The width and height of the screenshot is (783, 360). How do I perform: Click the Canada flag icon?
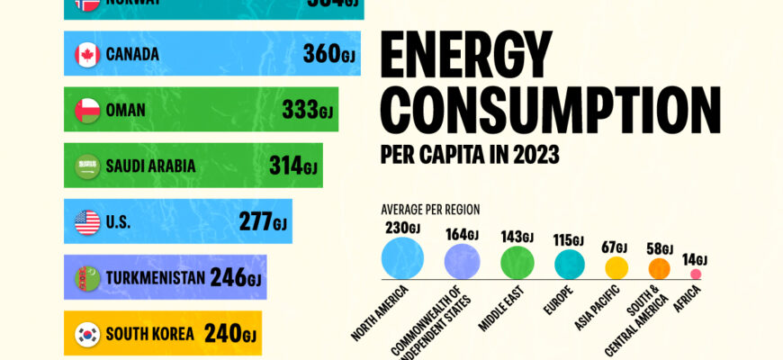pyautogui.click(x=87, y=55)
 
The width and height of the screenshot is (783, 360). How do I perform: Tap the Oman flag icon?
pyautogui.click(x=87, y=111)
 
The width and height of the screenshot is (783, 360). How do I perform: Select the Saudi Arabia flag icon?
pyautogui.click(x=87, y=166)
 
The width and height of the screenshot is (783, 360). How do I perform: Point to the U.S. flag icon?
pyautogui.click(x=87, y=222)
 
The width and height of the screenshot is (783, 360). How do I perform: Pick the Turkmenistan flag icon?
pyautogui.click(x=87, y=278)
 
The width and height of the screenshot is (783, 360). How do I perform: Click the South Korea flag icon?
pyautogui.click(x=87, y=335)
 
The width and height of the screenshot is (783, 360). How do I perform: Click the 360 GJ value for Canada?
pyautogui.click(x=320, y=55)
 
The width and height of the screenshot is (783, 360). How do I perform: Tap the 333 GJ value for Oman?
pyautogui.click(x=307, y=111)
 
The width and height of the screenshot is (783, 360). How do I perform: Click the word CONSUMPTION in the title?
pyautogui.click(x=551, y=110)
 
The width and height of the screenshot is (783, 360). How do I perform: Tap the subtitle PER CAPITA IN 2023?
pyautogui.click(x=470, y=155)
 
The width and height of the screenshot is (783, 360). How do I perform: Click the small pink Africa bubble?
pyautogui.click(x=695, y=274)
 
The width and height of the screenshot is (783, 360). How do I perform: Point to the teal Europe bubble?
pyautogui.click(x=570, y=265)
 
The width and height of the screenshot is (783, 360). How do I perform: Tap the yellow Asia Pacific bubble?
pyautogui.click(x=616, y=267)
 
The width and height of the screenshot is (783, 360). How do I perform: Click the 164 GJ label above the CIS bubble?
pyautogui.click(x=461, y=236)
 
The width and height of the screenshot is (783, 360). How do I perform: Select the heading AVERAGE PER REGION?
pyautogui.click(x=430, y=209)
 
